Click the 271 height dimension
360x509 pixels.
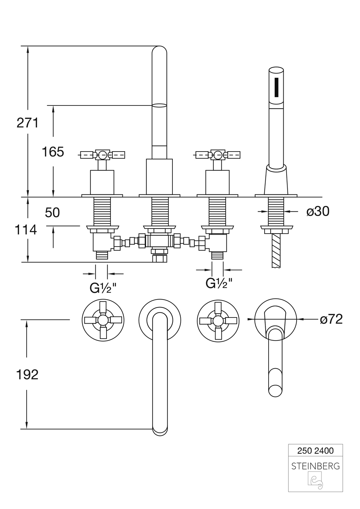point(27,123)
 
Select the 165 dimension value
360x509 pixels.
point(53,152)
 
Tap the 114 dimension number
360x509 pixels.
point(26,229)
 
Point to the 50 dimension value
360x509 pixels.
point(53,213)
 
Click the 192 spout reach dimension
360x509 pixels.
point(27,375)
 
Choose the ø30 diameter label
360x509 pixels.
point(318,212)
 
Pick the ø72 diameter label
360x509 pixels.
point(331,319)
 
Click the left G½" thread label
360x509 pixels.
point(103,288)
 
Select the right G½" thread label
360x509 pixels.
point(219,283)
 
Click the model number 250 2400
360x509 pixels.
point(315,450)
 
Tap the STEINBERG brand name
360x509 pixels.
point(315,466)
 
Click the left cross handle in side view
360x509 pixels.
point(102,155)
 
